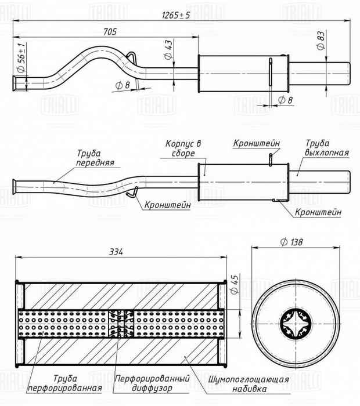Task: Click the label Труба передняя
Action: pyautogui.click(x=94, y=158)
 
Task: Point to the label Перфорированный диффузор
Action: pyautogui.click(x=152, y=383)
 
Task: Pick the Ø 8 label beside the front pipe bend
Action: pyautogui.click(x=122, y=86)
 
